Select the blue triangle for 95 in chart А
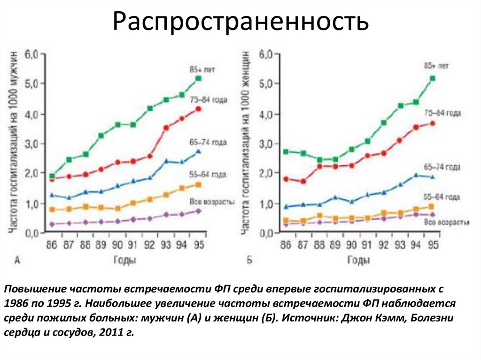pos(198,152)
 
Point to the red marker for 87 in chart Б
pos(303,181)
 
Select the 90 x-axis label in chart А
pos(117,245)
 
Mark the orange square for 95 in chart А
pos(198,184)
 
